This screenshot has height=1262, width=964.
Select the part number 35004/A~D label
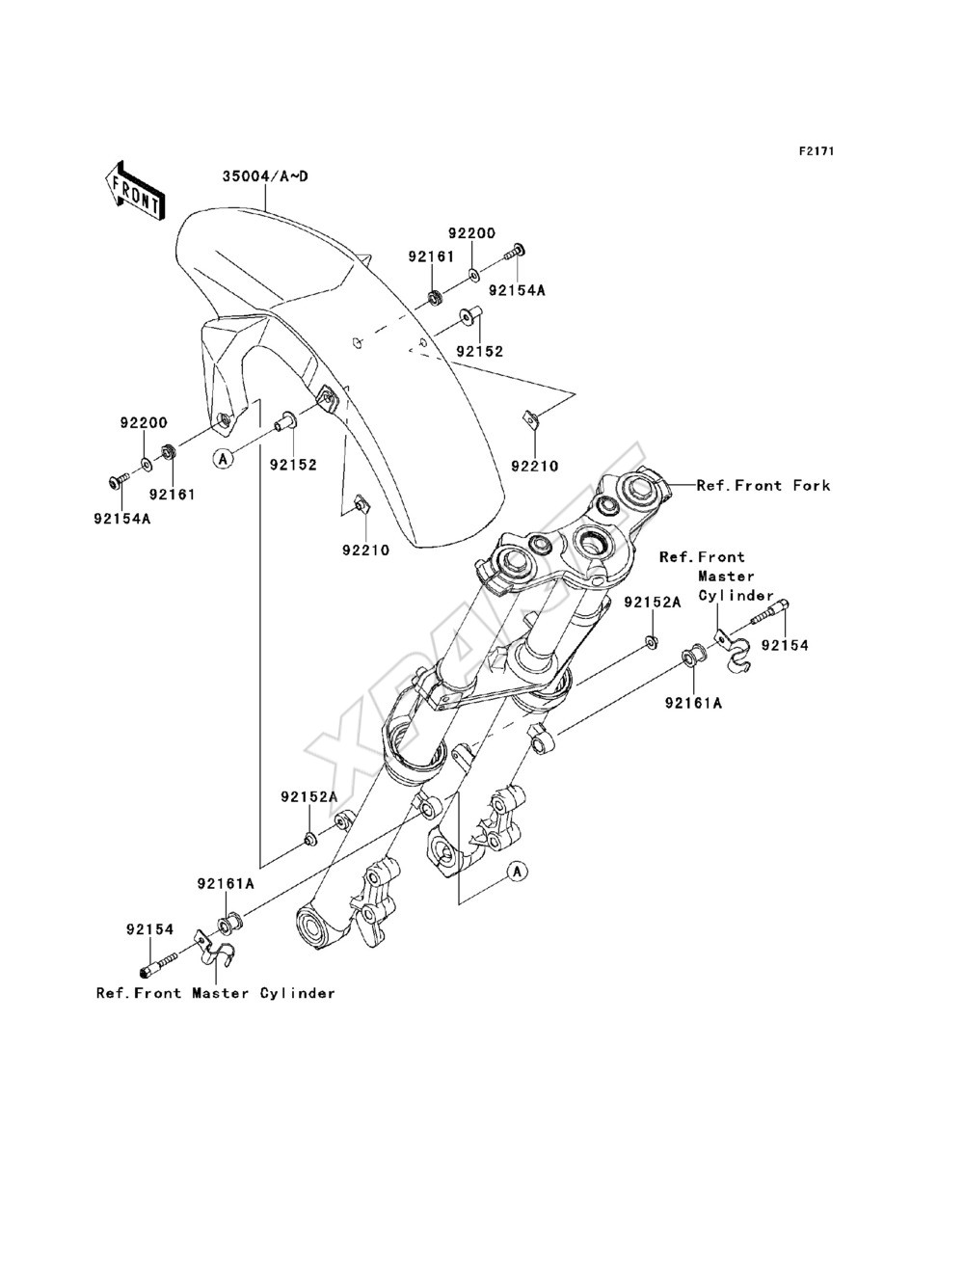point(265,176)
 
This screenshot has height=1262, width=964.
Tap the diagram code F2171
point(817,151)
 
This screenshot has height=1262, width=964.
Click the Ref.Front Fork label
point(763,486)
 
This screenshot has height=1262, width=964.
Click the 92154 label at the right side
point(786,645)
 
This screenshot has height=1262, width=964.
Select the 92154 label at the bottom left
point(150,929)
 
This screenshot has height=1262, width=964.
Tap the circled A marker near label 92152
point(224,459)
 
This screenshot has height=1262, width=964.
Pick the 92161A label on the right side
point(694,703)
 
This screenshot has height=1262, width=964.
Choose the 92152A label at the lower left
point(309,797)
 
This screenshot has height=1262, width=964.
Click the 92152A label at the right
point(653,602)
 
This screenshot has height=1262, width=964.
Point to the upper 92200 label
point(472,233)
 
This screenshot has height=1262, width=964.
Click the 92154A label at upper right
point(518,290)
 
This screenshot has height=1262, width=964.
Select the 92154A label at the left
point(122,519)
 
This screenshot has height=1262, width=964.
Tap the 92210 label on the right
point(535,467)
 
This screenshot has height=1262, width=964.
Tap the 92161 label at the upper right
point(432,256)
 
